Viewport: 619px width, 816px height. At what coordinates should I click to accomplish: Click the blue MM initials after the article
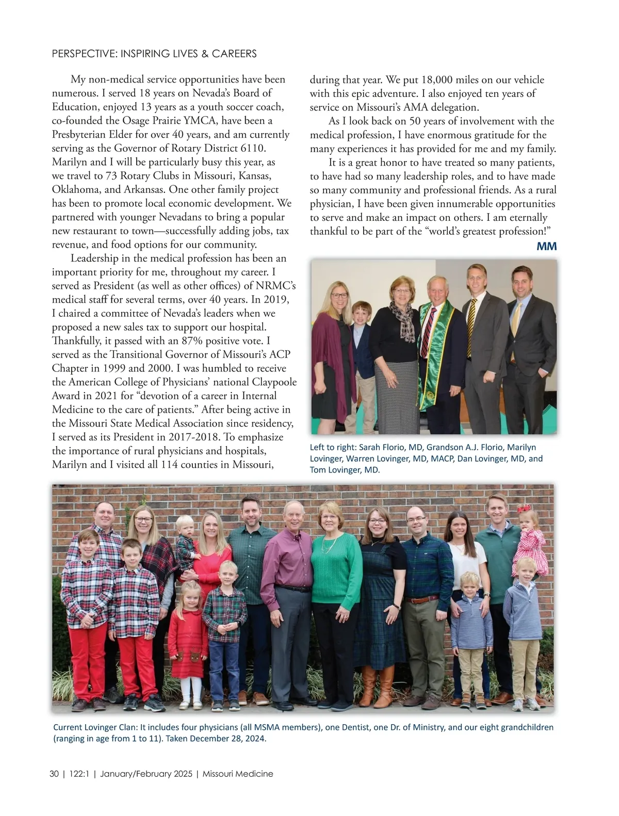546,247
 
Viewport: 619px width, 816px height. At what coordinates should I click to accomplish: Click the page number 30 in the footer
54,774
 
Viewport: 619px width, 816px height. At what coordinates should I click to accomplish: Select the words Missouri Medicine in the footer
238,774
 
